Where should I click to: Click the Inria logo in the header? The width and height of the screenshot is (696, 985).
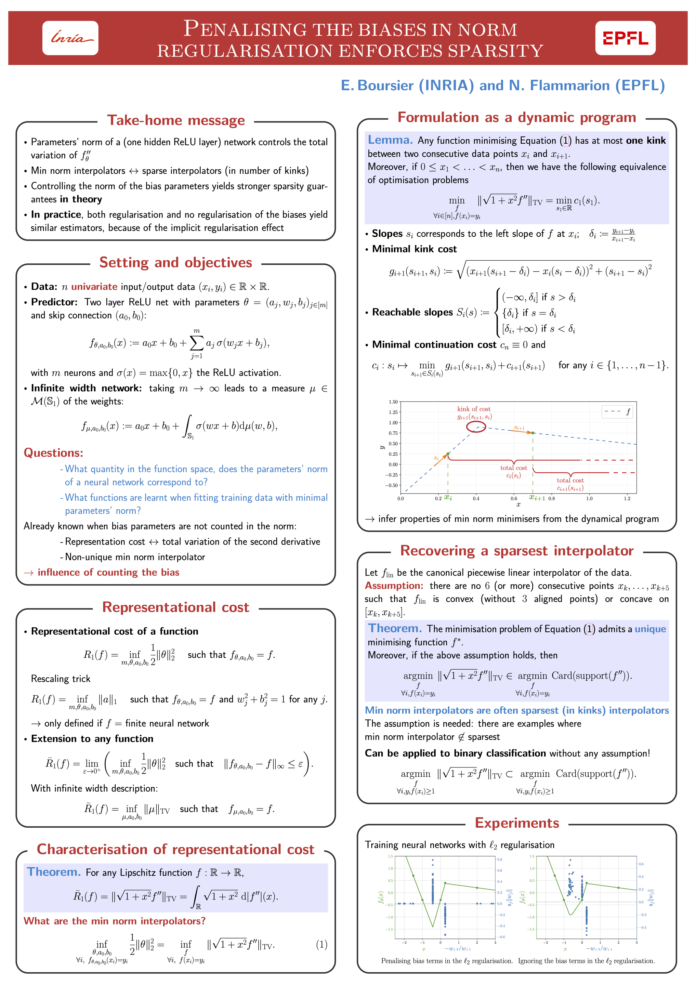click(70, 38)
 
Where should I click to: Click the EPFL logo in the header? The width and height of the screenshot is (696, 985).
click(625, 38)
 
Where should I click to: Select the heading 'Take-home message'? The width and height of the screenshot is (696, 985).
click(175, 120)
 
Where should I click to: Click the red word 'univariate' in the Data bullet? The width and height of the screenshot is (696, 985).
click(94, 287)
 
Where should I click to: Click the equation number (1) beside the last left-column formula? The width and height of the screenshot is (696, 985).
click(321, 944)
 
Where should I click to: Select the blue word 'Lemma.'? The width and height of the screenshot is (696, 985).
click(390, 140)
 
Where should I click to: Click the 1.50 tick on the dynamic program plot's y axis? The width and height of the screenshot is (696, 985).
click(393, 402)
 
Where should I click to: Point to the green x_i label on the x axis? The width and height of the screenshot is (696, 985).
click(448, 498)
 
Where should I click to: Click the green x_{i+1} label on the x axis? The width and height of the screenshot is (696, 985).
click(537, 498)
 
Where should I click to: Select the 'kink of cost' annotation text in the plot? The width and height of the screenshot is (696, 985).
click(474, 409)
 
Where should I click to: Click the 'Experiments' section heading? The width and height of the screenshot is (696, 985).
click(517, 823)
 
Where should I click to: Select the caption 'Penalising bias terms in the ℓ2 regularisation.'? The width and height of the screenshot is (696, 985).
click(447, 961)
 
